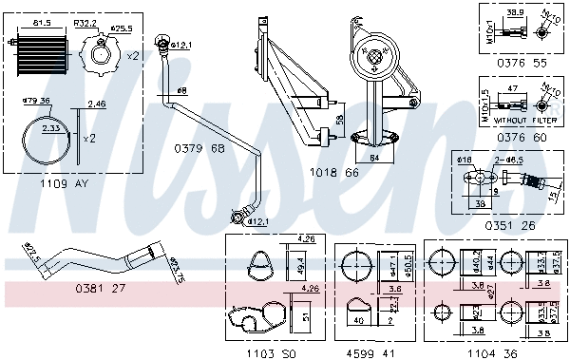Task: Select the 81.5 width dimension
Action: coord(43,21)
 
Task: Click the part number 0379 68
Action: coord(199,148)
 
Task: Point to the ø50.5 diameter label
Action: coord(410,262)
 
